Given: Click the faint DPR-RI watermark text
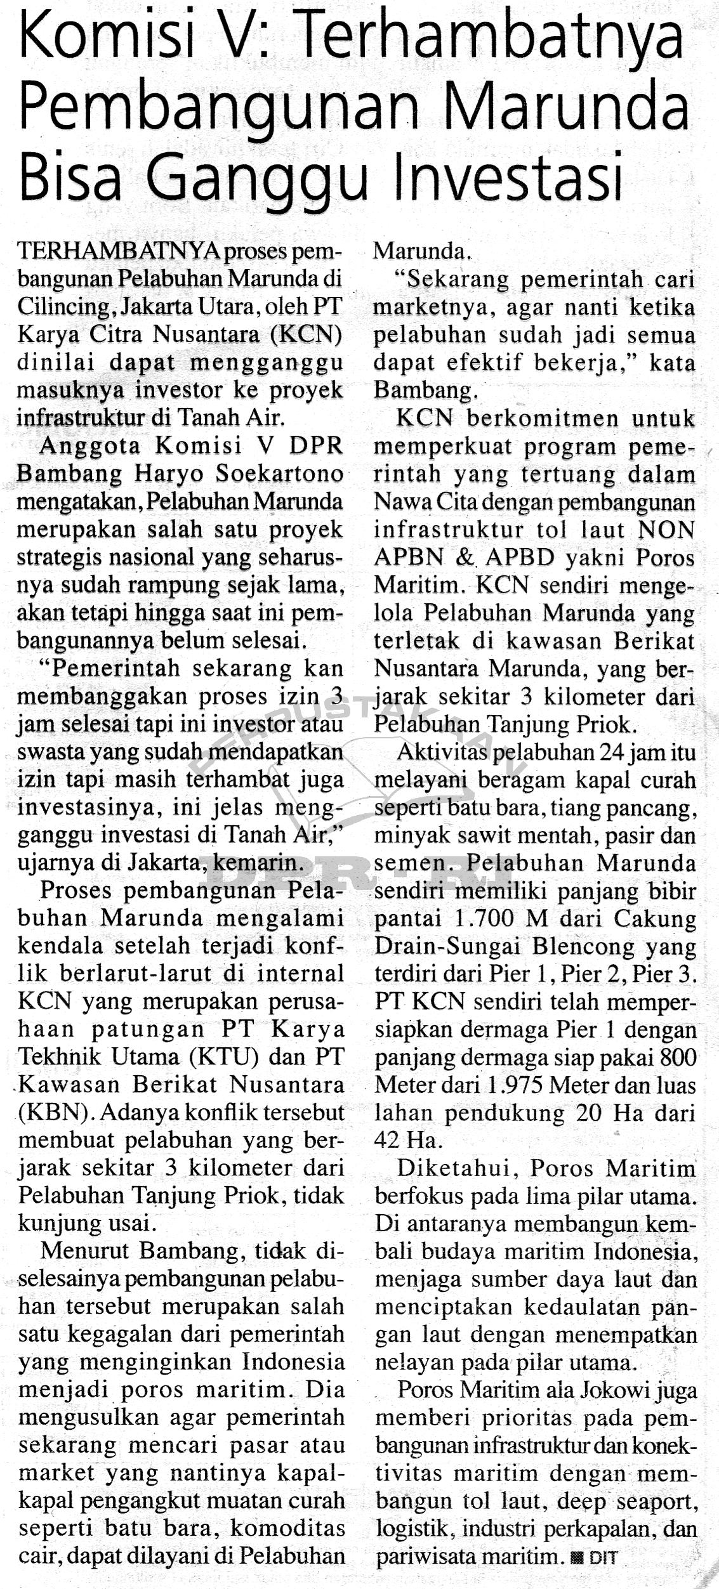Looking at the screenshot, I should (355, 869).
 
